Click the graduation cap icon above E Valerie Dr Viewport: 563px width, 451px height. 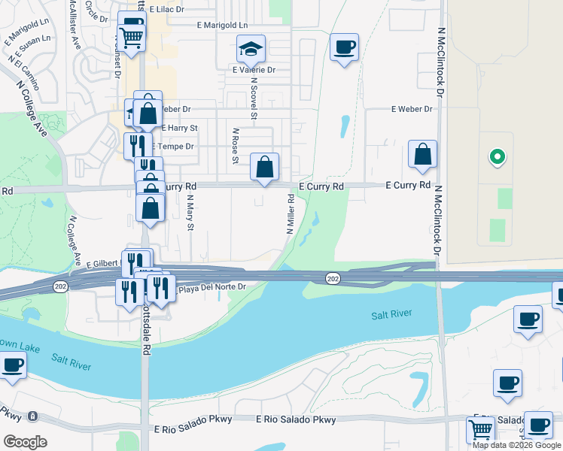tap(251, 49)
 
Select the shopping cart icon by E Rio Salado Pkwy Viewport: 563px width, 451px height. tap(480, 430)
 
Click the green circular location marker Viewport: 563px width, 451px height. tap(496, 157)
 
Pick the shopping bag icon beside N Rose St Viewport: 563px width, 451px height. tap(265, 167)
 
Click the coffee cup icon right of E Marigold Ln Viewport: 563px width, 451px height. tap(344, 47)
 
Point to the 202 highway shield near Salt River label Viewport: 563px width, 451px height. tap(332, 279)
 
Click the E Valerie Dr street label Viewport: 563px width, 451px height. tap(254, 70)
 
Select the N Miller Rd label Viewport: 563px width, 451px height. tap(290, 214)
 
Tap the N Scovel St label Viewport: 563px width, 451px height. tap(254, 98)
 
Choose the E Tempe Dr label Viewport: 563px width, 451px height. tap(175, 147)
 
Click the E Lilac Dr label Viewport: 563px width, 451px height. tap(167, 9)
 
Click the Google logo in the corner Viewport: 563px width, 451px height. tap(25, 442)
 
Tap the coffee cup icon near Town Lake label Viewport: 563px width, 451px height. tap(12, 366)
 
